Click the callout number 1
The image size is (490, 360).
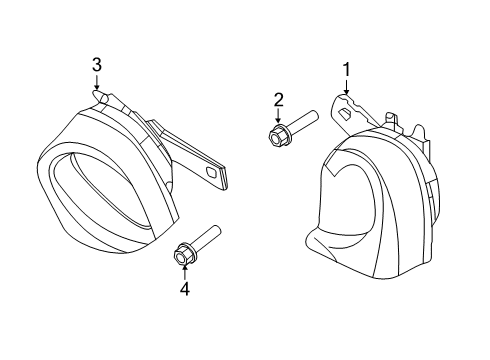point(347,70)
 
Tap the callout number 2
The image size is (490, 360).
point(279,100)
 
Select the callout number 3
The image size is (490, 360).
point(97,65)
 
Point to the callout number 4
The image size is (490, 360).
point(185,289)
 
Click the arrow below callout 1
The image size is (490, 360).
point(346,87)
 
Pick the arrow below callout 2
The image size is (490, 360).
point(278,116)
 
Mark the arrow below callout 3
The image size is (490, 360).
point(97,82)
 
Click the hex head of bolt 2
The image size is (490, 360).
point(276,135)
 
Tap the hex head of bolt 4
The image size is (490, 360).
point(183,255)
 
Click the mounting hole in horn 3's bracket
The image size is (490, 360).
point(212,172)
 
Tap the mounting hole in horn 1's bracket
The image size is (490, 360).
point(345,113)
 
